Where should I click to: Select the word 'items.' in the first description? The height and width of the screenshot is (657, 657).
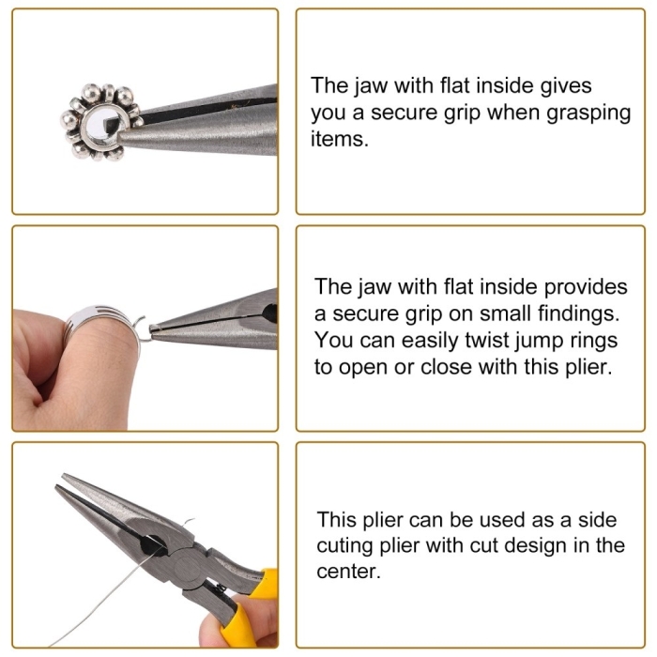pyautogui.click(x=340, y=139)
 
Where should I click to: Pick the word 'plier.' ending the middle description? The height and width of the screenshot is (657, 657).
pyautogui.click(x=589, y=368)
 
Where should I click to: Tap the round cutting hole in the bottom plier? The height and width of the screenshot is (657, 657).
pyautogui.click(x=149, y=545)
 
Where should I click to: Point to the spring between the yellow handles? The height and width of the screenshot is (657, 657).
pyautogui.click(x=219, y=589)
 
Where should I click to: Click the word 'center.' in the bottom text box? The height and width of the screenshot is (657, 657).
pyautogui.click(x=348, y=573)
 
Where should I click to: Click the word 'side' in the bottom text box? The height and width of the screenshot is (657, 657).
pyautogui.click(x=598, y=521)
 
